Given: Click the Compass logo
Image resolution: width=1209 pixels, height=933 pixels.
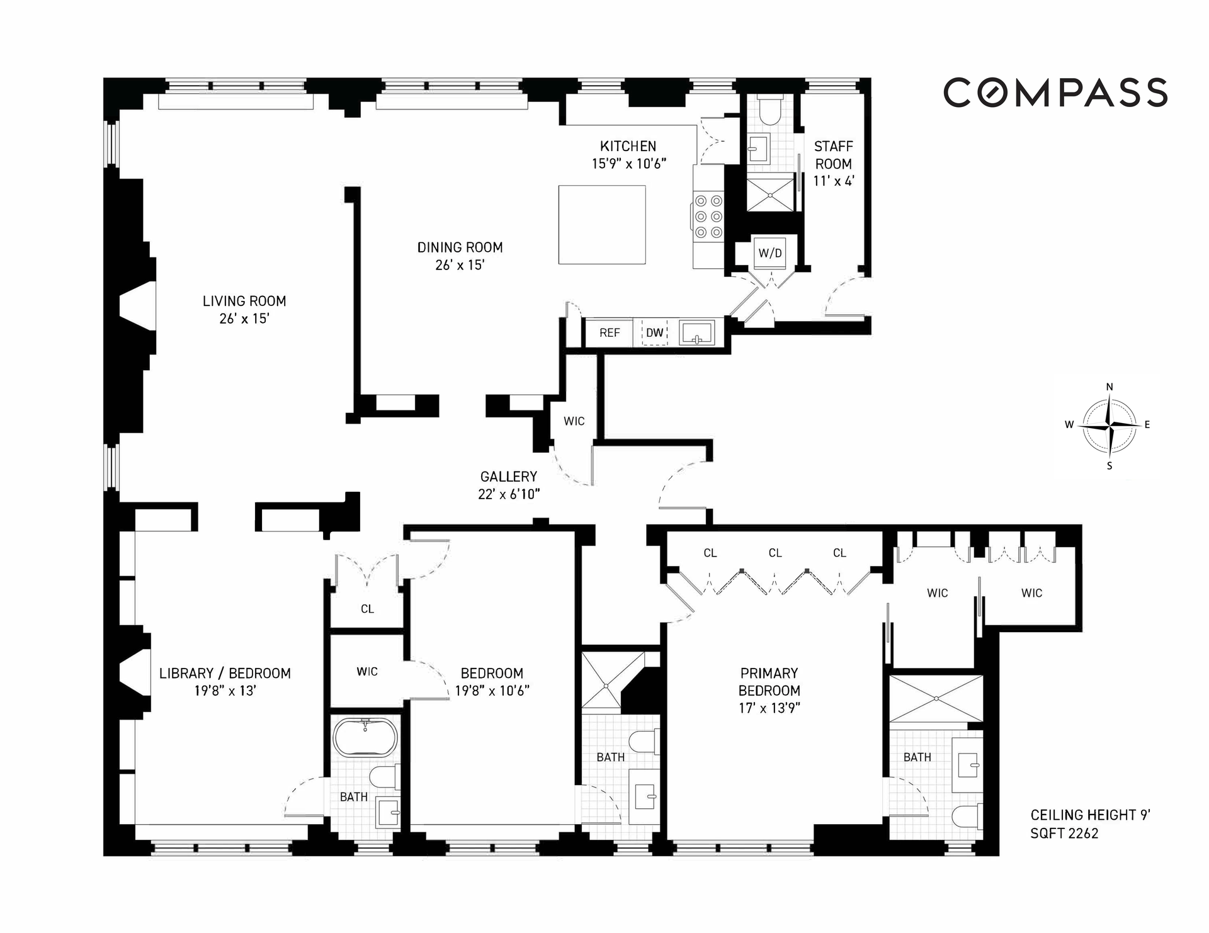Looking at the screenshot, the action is click(x=1055, y=93).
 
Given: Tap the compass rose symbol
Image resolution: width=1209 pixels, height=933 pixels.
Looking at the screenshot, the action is click(x=1110, y=426).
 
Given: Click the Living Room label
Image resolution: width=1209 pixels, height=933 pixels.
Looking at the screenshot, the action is click(x=244, y=301).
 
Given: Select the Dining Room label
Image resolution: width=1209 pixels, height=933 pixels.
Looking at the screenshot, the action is click(x=460, y=247).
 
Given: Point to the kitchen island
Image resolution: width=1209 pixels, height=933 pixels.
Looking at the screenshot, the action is click(x=602, y=224).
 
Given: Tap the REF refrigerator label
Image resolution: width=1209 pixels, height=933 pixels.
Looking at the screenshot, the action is click(x=610, y=332).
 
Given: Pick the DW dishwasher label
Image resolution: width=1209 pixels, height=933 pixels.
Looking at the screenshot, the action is click(x=655, y=332).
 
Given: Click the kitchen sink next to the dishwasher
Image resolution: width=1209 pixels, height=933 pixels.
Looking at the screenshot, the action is click(x=697, y=332).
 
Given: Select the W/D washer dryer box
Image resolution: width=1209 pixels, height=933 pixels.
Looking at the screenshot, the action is click(x=770, y=253).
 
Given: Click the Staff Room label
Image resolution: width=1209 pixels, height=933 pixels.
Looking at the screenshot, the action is click(x=834, y=155).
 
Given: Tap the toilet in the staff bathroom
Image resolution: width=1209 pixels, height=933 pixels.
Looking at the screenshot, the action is click(x=771, y=110).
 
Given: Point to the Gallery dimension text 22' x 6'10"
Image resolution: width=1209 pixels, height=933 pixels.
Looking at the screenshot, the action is click(x=509, y=494).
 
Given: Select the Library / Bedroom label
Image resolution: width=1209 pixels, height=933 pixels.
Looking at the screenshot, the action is click(x=225, y=674).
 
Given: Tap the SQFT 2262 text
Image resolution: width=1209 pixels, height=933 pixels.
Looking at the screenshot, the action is click(x=1064, y=834).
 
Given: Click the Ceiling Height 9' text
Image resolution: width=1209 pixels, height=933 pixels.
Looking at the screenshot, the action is click(x=1091, y=815).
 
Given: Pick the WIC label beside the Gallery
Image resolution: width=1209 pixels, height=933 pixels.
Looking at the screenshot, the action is click(x=574, y=421).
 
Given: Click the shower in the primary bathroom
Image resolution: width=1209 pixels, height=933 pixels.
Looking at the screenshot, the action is click(x=936, y=698).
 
